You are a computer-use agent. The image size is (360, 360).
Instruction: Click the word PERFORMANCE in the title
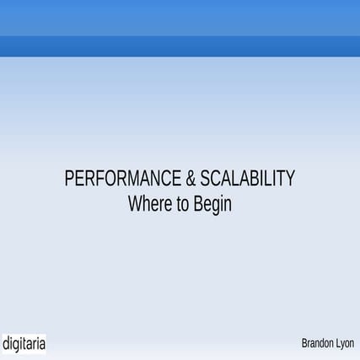(123, 180)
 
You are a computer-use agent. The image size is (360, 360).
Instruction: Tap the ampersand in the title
(191, 180)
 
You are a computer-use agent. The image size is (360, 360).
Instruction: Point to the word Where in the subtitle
(149, 204)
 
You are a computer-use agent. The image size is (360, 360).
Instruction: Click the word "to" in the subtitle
(182, 204)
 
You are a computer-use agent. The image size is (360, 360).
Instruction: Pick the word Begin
(212, 205)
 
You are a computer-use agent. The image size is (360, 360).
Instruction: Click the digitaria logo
(24, 344)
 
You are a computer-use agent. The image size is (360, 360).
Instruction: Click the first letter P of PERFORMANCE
(69, 180)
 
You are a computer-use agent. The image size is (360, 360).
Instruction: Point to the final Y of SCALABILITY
(291, 180)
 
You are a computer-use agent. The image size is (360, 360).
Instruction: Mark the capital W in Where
(134, 204)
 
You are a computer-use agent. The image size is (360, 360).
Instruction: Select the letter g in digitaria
(17, 346)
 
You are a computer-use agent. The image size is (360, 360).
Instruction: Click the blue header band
(180, 30)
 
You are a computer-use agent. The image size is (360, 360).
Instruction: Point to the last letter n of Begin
(228, 205)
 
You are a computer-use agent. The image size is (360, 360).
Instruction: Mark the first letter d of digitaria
(6, 344)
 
